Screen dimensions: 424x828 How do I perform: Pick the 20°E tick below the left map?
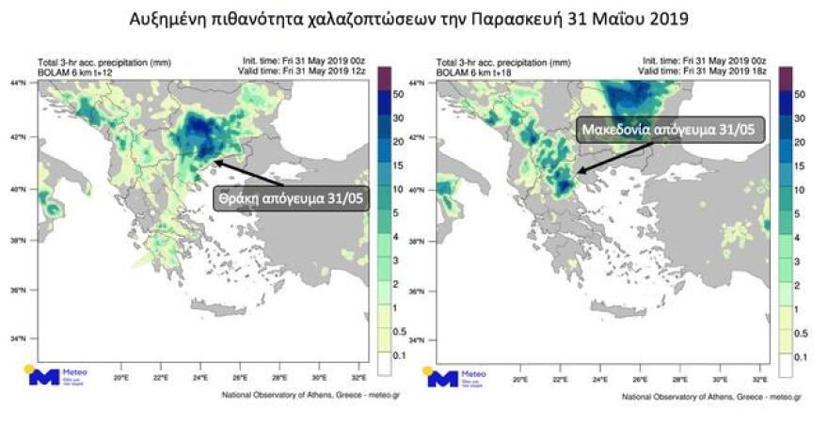(x=120, y=379)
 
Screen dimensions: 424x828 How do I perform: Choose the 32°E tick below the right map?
(x=761, y=379)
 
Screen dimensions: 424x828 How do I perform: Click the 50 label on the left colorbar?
(x=398, y=94)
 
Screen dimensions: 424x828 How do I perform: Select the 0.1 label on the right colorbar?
(x=799, y=357)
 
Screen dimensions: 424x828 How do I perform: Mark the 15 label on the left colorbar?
(x=398, y=165)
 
